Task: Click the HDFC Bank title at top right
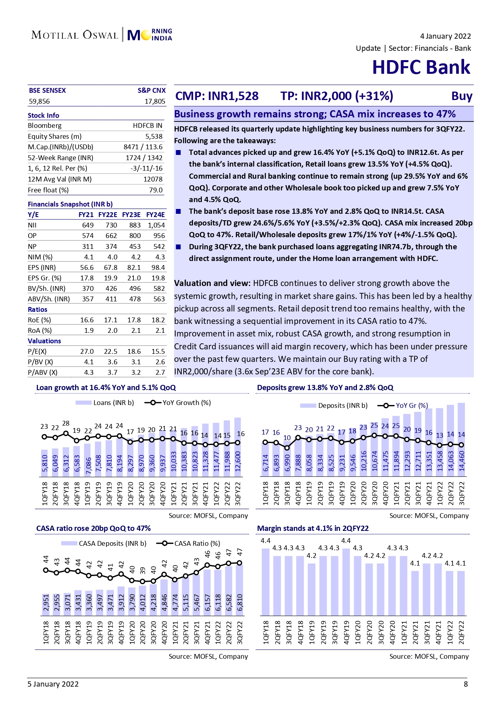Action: pyautogui.click(x=421, y=67)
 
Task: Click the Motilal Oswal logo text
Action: pyautogui.click(x=75, y=35)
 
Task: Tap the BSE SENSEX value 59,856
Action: pyautogui.click(x=39, y=101)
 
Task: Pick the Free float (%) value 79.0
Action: pyautogui.click(x=156, y=190)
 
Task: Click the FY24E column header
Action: pyautogui.click(x=156, y=215)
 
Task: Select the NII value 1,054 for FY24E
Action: pyautogui.click(x=156, y=225)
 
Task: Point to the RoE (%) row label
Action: pyautogui.click(x=39, y=320)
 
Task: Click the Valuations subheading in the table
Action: pyautogui.click(x=44, y=341)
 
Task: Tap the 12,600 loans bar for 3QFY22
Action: pyautogui.click(x=238, y=448)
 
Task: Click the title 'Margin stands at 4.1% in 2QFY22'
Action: pyautogui.click(x=313, y=528)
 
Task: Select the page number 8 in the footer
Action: pyautogui.click(x=466, y=684)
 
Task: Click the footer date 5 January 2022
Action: pyautogui.click(x=53, y=684)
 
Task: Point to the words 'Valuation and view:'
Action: pyautogui.click(x=212, y=283)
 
